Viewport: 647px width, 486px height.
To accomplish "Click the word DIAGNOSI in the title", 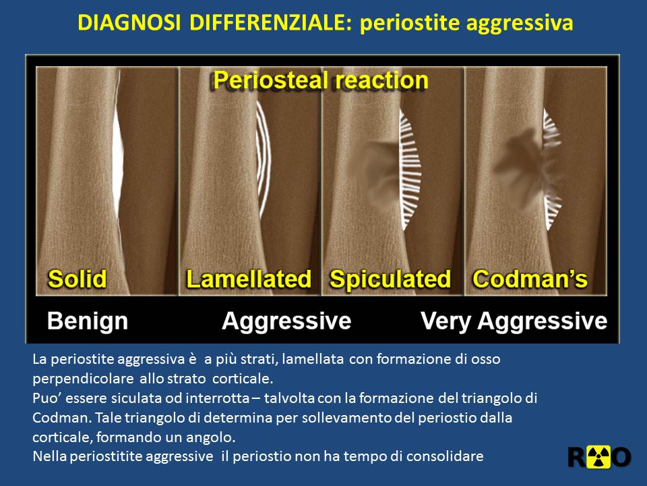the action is pos(129,22).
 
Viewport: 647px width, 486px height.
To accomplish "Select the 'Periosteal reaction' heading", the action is pos(321,80).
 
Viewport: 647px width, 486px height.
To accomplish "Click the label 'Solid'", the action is pos(78,279).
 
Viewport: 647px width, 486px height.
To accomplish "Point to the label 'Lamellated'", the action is pos(249,279).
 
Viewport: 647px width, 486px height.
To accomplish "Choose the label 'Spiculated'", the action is pos(390,279).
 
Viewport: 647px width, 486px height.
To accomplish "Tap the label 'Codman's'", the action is pos(530,279).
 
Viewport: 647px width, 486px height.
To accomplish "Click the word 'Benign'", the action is pos(88,321).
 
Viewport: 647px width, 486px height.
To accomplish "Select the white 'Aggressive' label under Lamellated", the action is pos(286,321).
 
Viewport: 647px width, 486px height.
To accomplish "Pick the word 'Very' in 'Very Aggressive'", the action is pos(445,321).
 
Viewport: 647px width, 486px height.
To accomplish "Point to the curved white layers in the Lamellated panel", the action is pos(264,159).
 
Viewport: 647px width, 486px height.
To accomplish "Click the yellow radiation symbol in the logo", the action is pos(598,458).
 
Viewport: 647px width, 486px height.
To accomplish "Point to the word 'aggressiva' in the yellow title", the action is pos(520,24).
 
